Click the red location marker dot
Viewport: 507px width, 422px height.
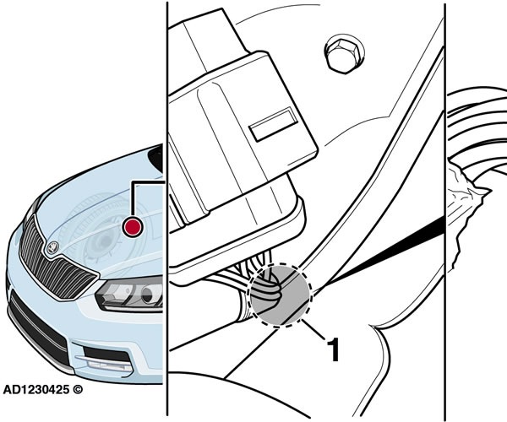(133, 226)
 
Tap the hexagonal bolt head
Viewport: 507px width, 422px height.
(344, 54)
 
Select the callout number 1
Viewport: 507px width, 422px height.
(334, 349)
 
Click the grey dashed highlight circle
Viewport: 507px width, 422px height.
(280, 295)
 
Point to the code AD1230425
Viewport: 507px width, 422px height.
(36, 389)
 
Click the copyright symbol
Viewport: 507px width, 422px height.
(78, 389)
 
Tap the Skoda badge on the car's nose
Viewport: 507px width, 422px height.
(52, 247)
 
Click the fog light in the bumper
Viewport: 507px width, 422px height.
(106, 364)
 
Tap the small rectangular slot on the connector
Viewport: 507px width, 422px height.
(274, 124)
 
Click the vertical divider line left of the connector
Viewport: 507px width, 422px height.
(167, 208)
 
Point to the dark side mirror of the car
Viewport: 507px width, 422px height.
(156, 158)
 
